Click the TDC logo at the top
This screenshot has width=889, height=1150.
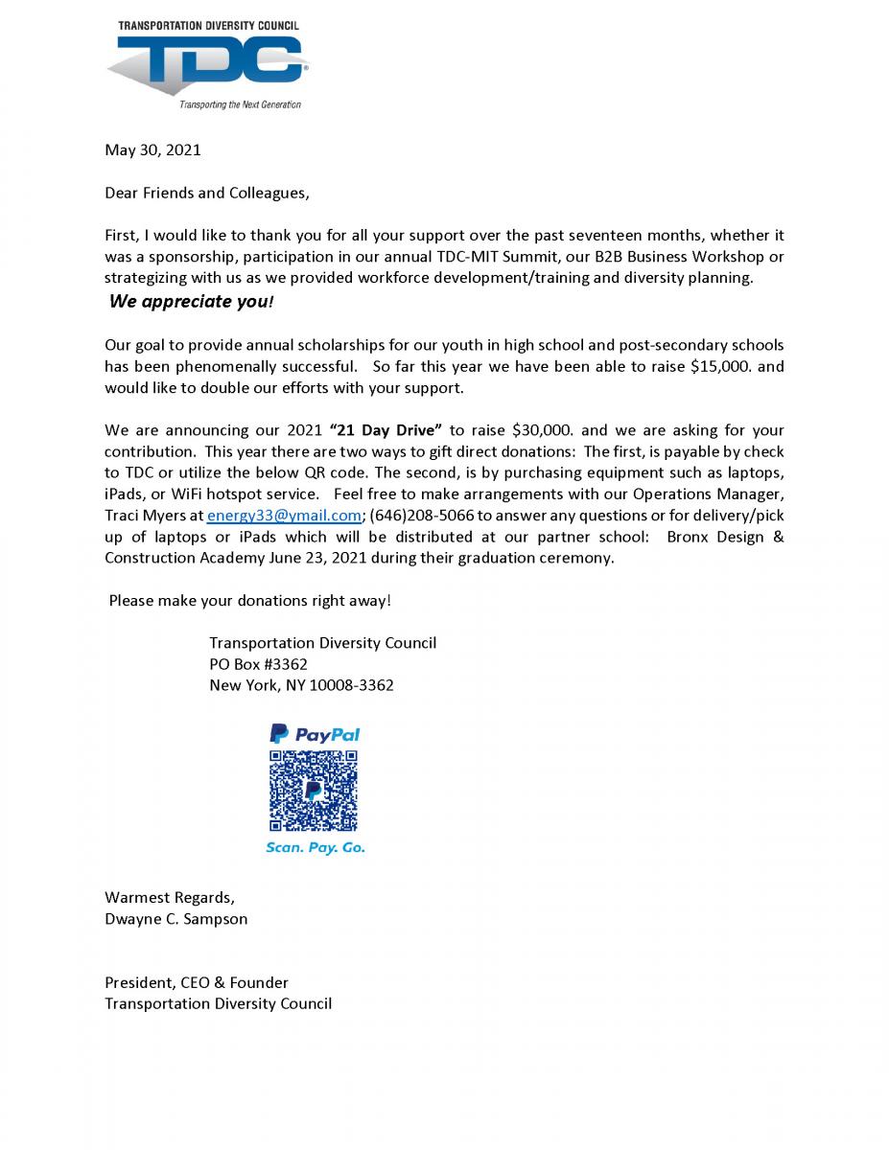point(209,65)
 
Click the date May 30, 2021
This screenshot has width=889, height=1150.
point(152,149)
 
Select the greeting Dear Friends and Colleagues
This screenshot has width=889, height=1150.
point(207,193)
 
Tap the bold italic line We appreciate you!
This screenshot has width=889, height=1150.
point(192,302)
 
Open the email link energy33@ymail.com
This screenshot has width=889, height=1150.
point(284,515)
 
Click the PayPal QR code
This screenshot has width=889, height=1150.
point(314,791)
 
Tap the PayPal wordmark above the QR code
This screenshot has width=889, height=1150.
point(315,734)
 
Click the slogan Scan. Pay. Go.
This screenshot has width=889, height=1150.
point(315,848)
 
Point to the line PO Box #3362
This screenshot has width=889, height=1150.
point(258,664)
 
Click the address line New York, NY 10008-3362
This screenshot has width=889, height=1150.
point(301,685)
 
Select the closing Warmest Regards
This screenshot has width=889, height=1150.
point(169,898)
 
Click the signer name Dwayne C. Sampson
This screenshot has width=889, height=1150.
point(175,919)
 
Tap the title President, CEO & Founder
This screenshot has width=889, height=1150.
point(196,982)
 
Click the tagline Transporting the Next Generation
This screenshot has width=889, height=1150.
point(241,104)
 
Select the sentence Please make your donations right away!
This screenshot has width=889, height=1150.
point(249,601)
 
